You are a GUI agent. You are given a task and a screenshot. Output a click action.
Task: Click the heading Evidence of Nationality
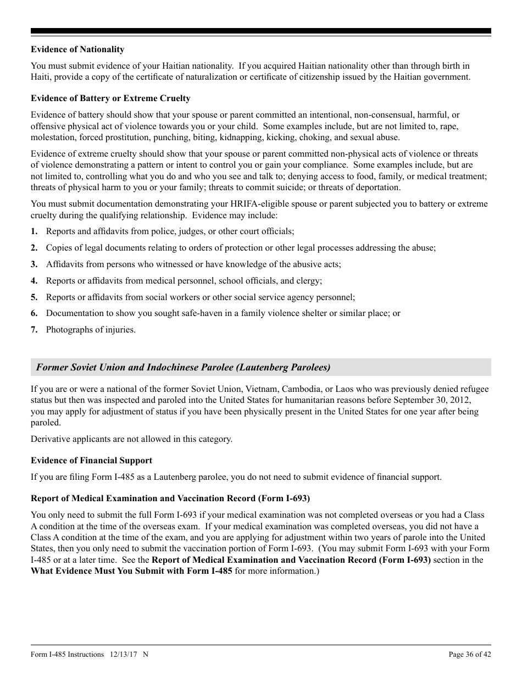pyautogui.click(x=77, y=49)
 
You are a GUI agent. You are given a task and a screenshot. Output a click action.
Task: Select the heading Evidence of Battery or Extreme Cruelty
pyautogui.click(x=110, y=98)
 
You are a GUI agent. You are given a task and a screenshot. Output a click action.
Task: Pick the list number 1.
pyautogui.click(x=34, y=231)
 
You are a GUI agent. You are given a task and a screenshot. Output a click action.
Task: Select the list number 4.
pyautogui.click(x=34, y=281)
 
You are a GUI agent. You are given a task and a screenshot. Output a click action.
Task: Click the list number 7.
pyautogui.click(x=34, y=330)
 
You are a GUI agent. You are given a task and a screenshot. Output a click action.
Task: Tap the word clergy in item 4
pyautogui.click(x=308, y=281)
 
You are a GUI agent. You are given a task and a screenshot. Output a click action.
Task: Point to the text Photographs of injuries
pyautogui.click(x=91, y=330)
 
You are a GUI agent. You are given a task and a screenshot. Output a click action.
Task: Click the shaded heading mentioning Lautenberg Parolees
pyautogui.click(x=183, y=367)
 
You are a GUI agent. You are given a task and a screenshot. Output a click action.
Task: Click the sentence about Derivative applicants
pyautogui.click(x=131, y=439)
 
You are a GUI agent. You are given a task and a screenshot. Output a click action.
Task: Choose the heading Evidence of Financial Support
pyautogui.click(x=91, y=461)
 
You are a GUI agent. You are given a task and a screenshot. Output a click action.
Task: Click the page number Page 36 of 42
pyautogui.click(x=469, y=654)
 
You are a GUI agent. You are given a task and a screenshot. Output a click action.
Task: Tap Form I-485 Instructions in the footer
pyautogui.click(x=67, y=654)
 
